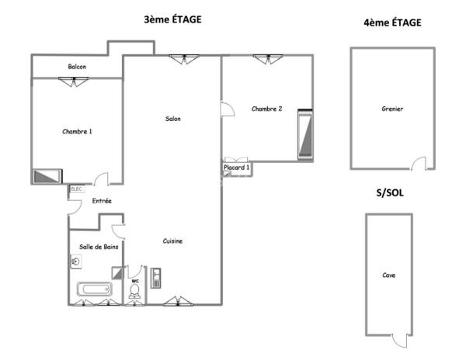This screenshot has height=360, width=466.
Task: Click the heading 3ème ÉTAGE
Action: pos(172,20)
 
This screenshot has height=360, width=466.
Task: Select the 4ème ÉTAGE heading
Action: pos(392,23)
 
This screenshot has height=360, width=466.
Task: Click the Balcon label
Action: pos(77,67)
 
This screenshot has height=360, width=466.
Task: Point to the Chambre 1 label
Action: pos(77,131)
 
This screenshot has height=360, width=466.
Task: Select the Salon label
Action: pos(172,119)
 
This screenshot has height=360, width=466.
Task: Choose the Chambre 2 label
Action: pos(266,109)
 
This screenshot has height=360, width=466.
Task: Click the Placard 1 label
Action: pos(237,168)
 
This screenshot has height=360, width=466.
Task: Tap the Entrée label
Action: pos(102,202)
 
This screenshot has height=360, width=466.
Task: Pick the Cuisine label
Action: pos(172,241)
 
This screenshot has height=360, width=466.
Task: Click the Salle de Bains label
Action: pos(99,247)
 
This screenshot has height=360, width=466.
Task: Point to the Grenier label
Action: pos(392,109)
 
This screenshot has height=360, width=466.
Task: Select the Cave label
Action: pos(388,275)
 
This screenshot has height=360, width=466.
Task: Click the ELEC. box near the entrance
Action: pos(77,189)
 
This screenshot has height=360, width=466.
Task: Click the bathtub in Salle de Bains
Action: pos(94,290)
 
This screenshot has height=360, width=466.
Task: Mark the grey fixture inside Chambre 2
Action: pos(304,135)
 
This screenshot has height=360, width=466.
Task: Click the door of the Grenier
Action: pos(419,163)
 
